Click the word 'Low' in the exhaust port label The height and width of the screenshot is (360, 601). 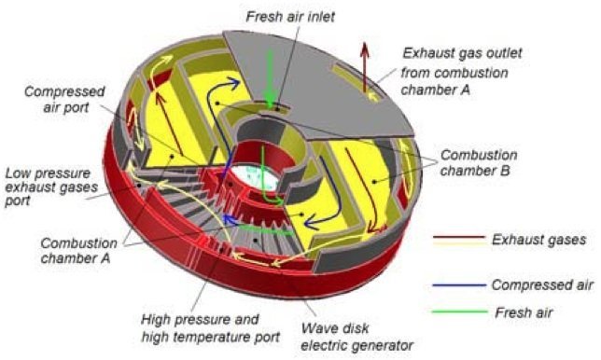tap(17, 173)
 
